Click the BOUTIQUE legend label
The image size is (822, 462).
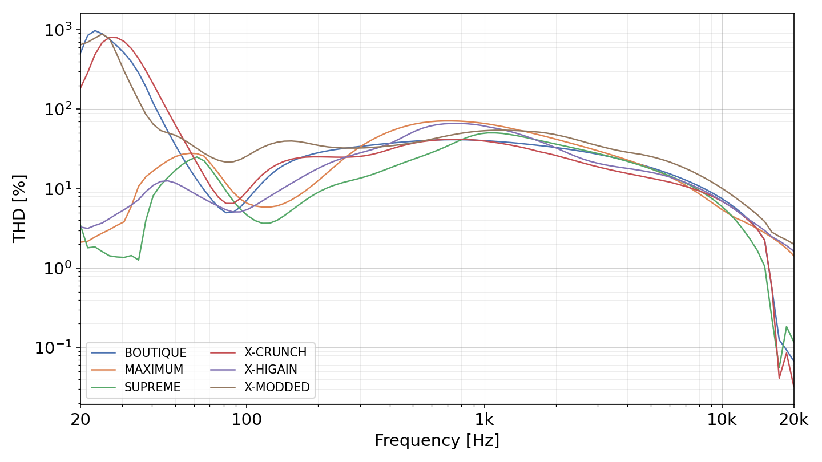point(155,352)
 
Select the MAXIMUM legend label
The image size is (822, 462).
point(154,370)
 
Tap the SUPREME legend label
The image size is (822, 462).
point(152,387)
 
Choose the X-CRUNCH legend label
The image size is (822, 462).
point(275,352)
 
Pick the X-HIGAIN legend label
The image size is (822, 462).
point(271,370)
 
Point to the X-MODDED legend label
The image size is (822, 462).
point(277,387)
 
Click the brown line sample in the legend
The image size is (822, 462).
point(223,387)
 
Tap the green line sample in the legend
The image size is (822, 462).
point(103,387)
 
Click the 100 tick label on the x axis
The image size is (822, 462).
point(247,419)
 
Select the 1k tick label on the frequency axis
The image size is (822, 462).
point(485,419)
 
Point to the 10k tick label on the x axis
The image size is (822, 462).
point(722,419)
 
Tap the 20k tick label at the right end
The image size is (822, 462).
point(793,419)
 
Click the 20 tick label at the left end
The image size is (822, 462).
point(80,419)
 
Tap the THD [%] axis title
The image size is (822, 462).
point(19,209)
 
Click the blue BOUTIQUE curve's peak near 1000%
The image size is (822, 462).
point(95,31)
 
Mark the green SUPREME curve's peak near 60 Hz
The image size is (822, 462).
point(197,157)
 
